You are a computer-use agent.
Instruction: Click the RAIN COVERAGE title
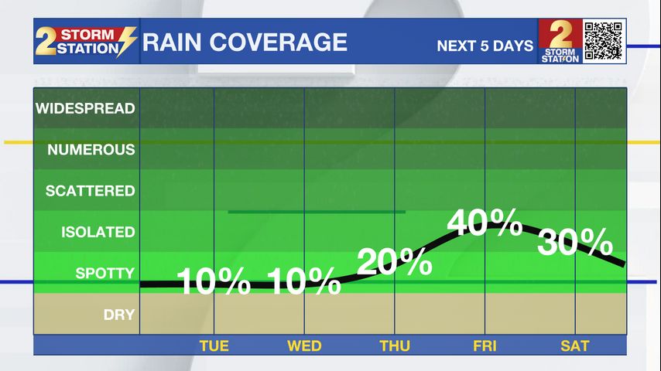(x=245, y=42)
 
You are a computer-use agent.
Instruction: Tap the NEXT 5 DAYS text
(x=485, y=46)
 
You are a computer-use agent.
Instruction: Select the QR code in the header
(x=604, y=41)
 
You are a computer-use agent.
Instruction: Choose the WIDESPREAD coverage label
(x=85, y=108)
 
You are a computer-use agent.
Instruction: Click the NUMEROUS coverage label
(x=91, y=150)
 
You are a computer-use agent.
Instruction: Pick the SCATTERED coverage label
(x=90, y=191)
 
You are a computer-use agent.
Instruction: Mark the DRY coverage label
(x=119, y=315)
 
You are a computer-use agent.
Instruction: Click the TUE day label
(x=214, y=345)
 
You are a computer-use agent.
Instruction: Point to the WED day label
(x=304, y=345)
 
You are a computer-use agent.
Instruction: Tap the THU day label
(x=395, y=345)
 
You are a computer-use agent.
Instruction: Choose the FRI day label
(x=485, y=345)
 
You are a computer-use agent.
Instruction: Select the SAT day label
(x=575, y=345)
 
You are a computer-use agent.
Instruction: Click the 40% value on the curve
(x=485, y=223)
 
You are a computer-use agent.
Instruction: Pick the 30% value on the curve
(x=575, y=243)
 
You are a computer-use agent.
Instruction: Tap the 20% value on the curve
(x=395, y=264)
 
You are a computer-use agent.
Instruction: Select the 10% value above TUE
(x=214, y=282)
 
